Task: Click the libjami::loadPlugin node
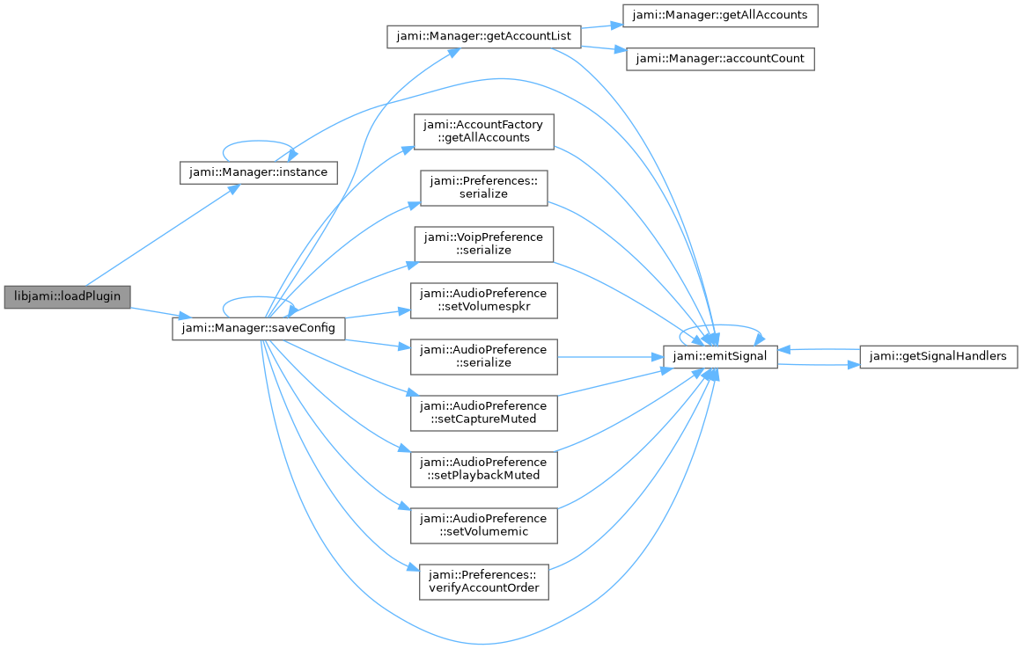click(67, 297)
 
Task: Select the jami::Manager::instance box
click(259, 172)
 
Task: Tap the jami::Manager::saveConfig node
click(259, 328)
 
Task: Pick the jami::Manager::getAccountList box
click(483, 36)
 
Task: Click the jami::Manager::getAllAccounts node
click(720, 16)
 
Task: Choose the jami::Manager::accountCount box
click(720, 59)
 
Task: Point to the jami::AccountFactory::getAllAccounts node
click(483, 132)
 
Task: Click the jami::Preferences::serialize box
click(483, 188)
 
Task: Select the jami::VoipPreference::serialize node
click(483, 244)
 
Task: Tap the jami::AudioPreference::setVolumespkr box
click(483, 301)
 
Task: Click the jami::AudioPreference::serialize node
click(483, 357)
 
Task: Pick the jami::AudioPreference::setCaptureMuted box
click(483, 412)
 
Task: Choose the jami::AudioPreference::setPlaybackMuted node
click(483, 470)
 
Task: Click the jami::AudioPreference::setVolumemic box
click(483, 525)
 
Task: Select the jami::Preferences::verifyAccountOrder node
click(483, 582)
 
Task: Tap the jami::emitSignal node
click(720, 357)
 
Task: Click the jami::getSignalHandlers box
click(938, 357)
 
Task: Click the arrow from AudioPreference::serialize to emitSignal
click(610, 357)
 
